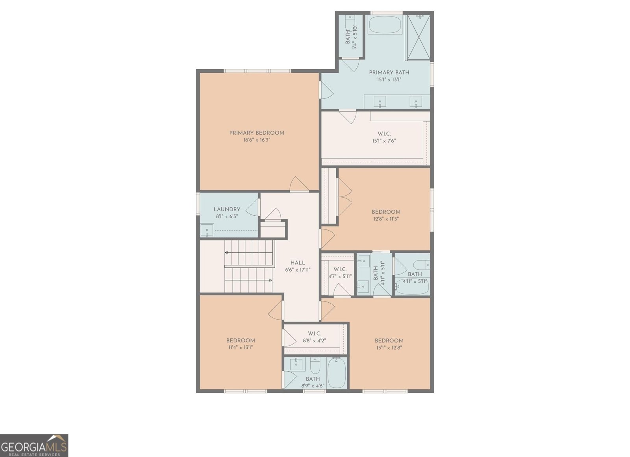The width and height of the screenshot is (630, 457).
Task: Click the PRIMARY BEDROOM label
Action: point(257,133)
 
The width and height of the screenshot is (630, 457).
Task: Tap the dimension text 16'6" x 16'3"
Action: point(257,140)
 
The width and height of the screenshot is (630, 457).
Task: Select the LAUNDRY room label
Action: point(227,209)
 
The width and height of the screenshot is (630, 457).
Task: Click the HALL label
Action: point(298,263)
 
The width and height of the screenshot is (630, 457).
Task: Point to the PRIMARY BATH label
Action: point(389,72)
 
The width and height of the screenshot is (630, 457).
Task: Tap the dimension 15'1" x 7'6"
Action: point(384,141)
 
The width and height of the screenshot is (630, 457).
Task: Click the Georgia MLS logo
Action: point(34,446)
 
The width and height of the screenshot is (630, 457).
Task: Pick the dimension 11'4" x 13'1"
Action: point(241,348)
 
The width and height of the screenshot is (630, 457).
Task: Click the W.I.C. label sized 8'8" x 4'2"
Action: point(314,333)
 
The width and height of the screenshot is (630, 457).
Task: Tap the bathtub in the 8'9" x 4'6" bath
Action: point(337,373)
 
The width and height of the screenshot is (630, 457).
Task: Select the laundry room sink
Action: point(207,230)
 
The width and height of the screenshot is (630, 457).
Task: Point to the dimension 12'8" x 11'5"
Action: point(385,219)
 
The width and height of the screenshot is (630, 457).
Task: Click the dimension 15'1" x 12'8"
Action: point(389,348)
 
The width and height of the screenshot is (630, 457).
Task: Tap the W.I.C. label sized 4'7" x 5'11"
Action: point(340,269)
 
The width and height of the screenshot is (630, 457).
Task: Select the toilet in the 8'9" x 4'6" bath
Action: point(315,366)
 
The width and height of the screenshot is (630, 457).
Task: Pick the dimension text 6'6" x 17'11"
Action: point(298,270)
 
